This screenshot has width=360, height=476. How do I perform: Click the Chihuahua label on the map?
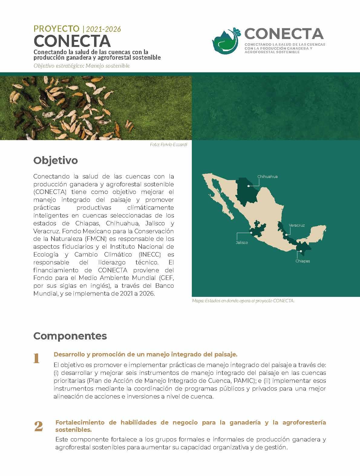pos(267,176)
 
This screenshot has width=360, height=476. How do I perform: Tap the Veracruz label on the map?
pos(296,225)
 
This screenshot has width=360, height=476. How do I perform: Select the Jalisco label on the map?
pos(242,242)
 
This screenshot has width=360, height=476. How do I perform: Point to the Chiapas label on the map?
pos(303,261)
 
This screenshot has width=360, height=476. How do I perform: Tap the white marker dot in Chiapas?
pos(301,251)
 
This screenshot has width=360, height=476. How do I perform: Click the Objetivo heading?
pos(55,160)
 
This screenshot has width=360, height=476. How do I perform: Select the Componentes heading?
pos(70,336)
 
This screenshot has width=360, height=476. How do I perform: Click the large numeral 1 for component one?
pos(37,358)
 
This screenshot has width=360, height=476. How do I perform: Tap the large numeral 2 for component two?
pos(38,427)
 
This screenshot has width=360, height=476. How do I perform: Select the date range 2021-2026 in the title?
pos(103,29)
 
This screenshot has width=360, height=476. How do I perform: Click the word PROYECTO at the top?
pos(56,29)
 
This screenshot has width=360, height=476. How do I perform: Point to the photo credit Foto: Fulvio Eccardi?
pos(169,145)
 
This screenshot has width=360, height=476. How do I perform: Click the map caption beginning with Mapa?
pos(243,301)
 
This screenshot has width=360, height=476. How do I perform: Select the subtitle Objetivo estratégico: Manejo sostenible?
pos(82,66)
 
